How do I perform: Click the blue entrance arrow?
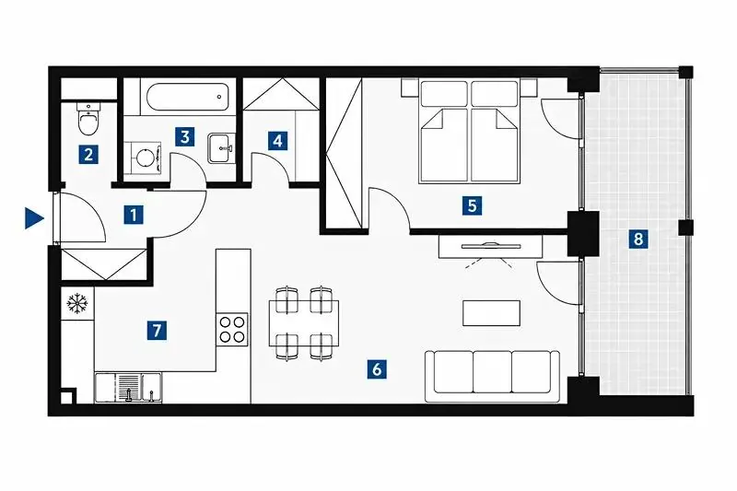(34, 218)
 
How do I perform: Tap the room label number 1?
(134, 216)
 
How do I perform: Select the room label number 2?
(88, 154)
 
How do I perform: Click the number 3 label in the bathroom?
(185, 136)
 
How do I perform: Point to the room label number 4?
(278, 141)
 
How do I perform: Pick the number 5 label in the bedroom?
(472, 205)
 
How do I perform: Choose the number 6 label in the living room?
(377, 369)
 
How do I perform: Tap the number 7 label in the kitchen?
(157, 331)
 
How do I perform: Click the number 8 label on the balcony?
(638, 239)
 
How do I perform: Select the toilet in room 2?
(88, 119)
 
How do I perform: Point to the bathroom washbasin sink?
(220, 148)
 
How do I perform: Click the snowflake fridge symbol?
(77, 303)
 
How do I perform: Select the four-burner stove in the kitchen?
(233, 330)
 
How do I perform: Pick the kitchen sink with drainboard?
(128, 388)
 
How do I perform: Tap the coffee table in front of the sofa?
(491, 313)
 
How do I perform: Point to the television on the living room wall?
(491, 245)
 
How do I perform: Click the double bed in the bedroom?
(470, 131)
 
